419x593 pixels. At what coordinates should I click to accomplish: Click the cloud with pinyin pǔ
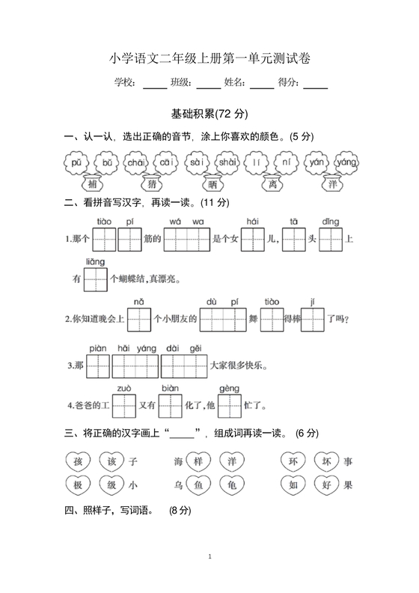[76, 162]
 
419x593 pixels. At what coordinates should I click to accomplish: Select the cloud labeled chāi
[135, 162]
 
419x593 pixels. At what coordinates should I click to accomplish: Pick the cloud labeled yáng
[346, 162]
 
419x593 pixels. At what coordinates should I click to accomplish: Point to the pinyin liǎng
[95, 261]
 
